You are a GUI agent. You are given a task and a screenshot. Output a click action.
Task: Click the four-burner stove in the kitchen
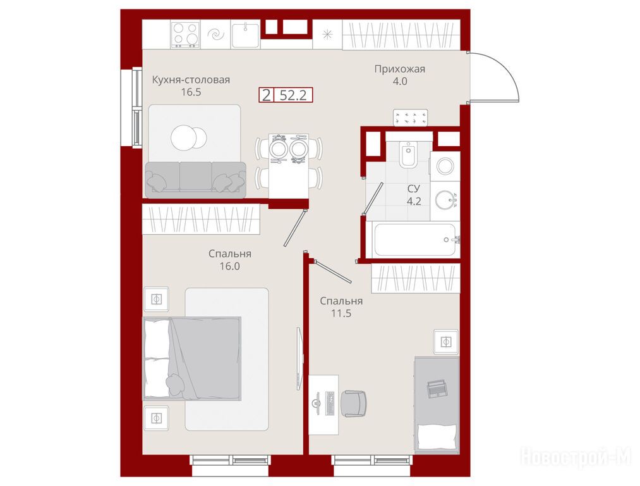[185, 34]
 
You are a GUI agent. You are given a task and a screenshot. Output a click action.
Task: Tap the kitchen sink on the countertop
[245, 34]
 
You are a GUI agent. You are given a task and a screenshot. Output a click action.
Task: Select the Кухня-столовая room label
[191, 80]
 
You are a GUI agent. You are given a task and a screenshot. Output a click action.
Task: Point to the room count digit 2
[267, 96]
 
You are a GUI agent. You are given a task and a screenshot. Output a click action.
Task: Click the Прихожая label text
[399, 69]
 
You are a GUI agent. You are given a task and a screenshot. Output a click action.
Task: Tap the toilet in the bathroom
[408, 154]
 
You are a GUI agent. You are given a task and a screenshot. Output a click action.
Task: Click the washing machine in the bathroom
[445, 166]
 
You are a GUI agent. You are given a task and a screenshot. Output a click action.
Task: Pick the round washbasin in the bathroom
[444, 201]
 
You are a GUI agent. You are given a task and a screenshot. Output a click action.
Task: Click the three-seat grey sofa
[195, 180]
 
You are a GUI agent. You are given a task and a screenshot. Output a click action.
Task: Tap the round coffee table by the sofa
[188, 138]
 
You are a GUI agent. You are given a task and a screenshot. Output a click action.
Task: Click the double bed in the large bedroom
[192, 358]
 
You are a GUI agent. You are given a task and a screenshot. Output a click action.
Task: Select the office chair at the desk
[353, 404]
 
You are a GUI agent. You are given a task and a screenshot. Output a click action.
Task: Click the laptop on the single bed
[437, 389]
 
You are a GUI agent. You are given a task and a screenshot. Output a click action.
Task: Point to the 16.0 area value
[230, 266]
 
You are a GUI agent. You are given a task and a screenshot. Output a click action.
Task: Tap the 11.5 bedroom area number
[341, 313]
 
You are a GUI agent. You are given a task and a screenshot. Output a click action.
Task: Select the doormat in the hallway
[411, 118]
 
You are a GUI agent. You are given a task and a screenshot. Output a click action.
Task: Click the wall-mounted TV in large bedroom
[300, 358]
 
